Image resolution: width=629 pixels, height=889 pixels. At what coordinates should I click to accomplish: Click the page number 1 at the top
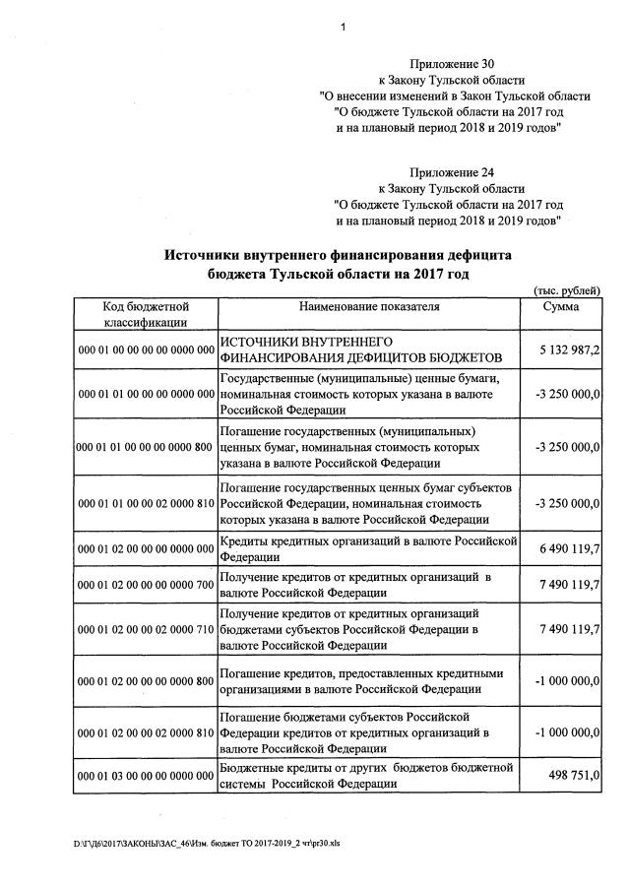[342, 27]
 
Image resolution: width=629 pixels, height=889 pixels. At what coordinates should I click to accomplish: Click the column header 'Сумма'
[561, 307]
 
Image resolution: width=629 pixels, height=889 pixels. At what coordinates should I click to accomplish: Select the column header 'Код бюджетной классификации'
[146, 314]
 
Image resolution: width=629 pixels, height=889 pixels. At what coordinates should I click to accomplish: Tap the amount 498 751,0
[578, 776]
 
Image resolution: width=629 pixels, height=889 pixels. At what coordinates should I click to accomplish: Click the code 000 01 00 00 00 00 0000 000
[146, 349]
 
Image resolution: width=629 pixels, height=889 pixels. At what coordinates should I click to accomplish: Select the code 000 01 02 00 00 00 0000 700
[146, 586]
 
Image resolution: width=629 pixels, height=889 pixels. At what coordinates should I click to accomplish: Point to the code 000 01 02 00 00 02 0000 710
[146, 630]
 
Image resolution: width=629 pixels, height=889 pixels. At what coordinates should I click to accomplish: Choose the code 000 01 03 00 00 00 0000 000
[146, 776]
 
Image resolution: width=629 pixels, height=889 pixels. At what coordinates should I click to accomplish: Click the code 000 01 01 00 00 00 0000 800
[146, 447]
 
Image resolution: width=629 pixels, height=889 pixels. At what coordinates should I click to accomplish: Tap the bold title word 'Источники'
[206, 254]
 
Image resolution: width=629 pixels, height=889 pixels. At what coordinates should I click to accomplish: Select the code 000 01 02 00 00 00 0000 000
[146, 547]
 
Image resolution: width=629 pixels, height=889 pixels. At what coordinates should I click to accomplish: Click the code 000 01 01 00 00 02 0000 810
[146, 503]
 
